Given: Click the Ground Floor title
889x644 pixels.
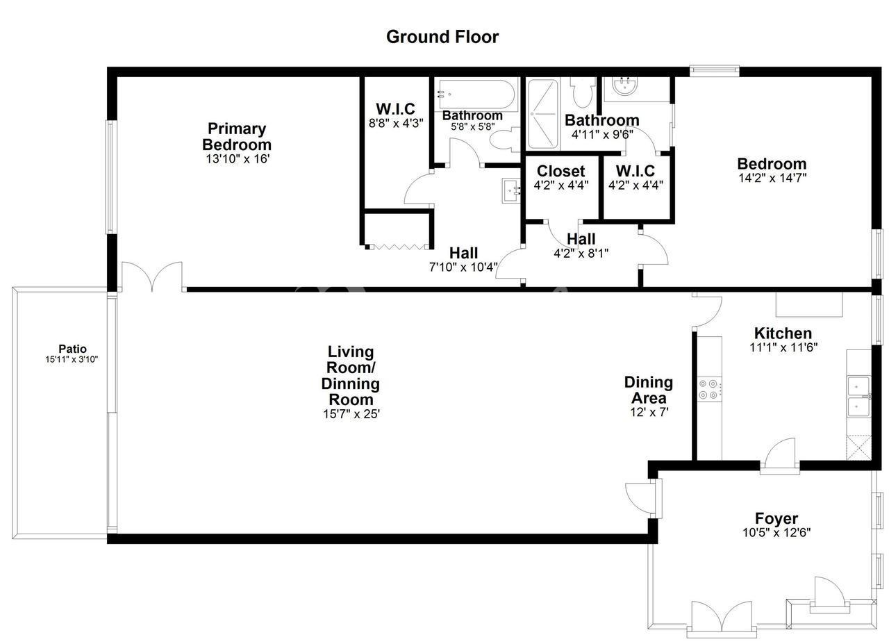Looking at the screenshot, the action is coord(442,37).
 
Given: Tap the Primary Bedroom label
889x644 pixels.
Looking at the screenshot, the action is coord(237,137).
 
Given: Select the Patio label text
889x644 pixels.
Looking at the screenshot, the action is coord(72,349).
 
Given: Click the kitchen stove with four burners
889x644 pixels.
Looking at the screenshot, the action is coord(709,390).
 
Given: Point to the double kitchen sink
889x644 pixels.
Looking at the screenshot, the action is coord(859,397).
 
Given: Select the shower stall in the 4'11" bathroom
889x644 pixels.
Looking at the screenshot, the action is coord(542,113).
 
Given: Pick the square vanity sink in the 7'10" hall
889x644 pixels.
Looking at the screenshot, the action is coord(511,190).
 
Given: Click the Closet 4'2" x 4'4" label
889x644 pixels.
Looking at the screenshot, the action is coord(560,177).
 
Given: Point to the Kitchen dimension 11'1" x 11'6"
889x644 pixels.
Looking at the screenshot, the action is coord(783,347).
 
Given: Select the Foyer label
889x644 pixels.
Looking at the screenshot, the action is coord(776,518).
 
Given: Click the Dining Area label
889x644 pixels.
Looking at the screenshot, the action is coord(649,390).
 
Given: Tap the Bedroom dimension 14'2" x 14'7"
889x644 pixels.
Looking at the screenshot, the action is coord(772,178).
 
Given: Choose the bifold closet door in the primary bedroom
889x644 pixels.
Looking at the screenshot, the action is coord(397,247).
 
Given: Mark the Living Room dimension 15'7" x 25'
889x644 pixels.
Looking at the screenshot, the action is coord(351,414).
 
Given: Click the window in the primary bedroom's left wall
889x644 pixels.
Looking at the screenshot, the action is coord(111,177).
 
